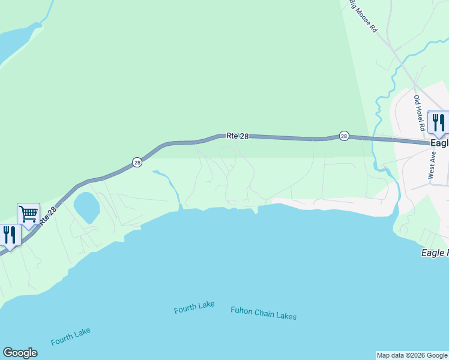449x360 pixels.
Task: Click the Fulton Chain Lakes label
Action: coord(264,313)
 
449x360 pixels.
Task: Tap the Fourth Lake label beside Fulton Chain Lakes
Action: coord(194,308)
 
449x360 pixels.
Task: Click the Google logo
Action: coord(20,353)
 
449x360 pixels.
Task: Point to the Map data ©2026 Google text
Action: coord(412,355)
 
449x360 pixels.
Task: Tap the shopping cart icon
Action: coord(28,214)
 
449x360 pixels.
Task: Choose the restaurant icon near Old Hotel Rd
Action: coord(438,122)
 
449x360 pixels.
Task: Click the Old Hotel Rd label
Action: coord(418,113)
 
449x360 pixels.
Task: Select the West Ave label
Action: coord(432,164)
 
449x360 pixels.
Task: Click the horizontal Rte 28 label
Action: coord(238,136)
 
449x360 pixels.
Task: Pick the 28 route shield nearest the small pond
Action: coord(137,163)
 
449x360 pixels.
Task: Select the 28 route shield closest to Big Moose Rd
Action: coord(343,136)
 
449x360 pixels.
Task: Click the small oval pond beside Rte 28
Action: coord(86,207)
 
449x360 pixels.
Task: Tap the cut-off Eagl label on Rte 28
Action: coord(439,143)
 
